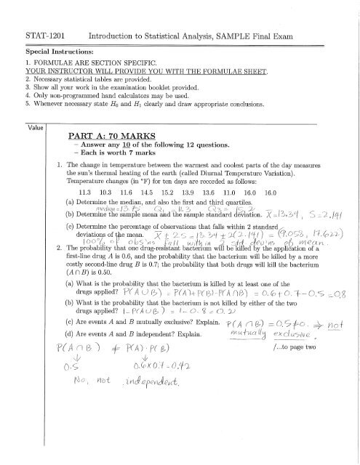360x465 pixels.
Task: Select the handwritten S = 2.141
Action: tap(325, 236)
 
